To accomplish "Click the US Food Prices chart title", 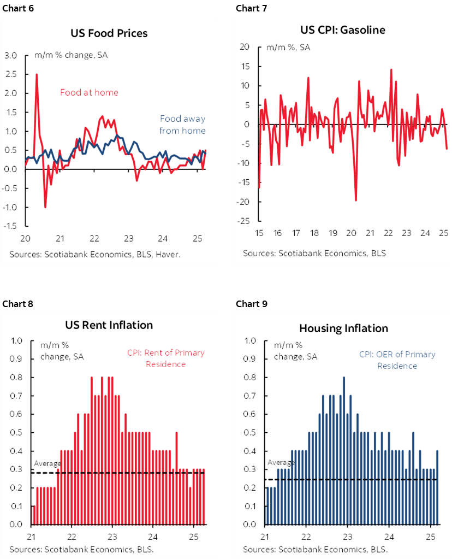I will coord(109,33).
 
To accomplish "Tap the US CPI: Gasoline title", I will coord(343,30).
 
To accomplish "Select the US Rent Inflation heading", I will coord(109,325).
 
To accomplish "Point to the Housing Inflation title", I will coord(343,328).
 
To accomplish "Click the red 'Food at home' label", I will coord(89,92).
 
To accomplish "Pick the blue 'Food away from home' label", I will coord(182,125).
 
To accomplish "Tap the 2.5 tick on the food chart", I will coord(11,74).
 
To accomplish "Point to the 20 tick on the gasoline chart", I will coord(245,48).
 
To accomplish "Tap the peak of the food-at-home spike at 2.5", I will coord(37,74).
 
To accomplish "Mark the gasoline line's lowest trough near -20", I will coord(356,200).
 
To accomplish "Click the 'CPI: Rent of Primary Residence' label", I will coord(166,358).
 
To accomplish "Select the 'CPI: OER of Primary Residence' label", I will coord(397,360).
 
